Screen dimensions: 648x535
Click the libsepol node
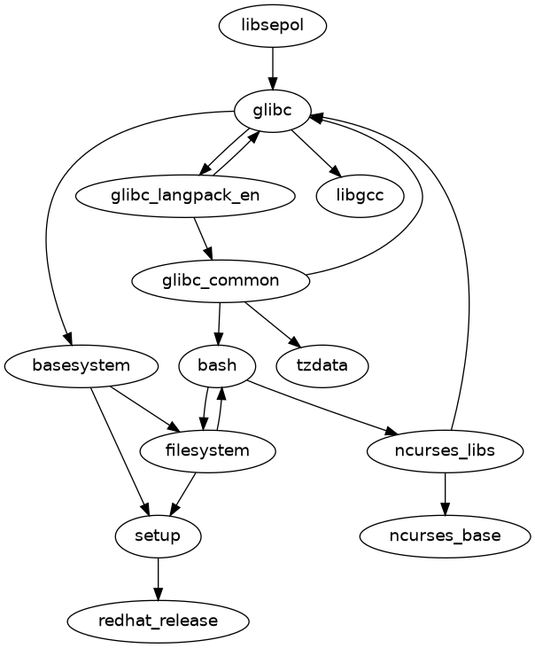pos(273,26)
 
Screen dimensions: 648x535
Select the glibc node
pos(273,111)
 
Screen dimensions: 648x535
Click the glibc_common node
pos(221,281)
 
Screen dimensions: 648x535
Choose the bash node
pos(217,365)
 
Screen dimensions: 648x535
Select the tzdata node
pos(322,365)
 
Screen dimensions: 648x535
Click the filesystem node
pos(207,450)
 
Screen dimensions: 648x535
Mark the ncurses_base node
pos(445,535)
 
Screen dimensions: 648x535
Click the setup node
pos(159,535)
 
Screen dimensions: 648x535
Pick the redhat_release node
pos(159,621)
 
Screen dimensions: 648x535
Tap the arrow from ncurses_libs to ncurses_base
pos(445,493)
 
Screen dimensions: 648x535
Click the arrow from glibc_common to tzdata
pos(272,324)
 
